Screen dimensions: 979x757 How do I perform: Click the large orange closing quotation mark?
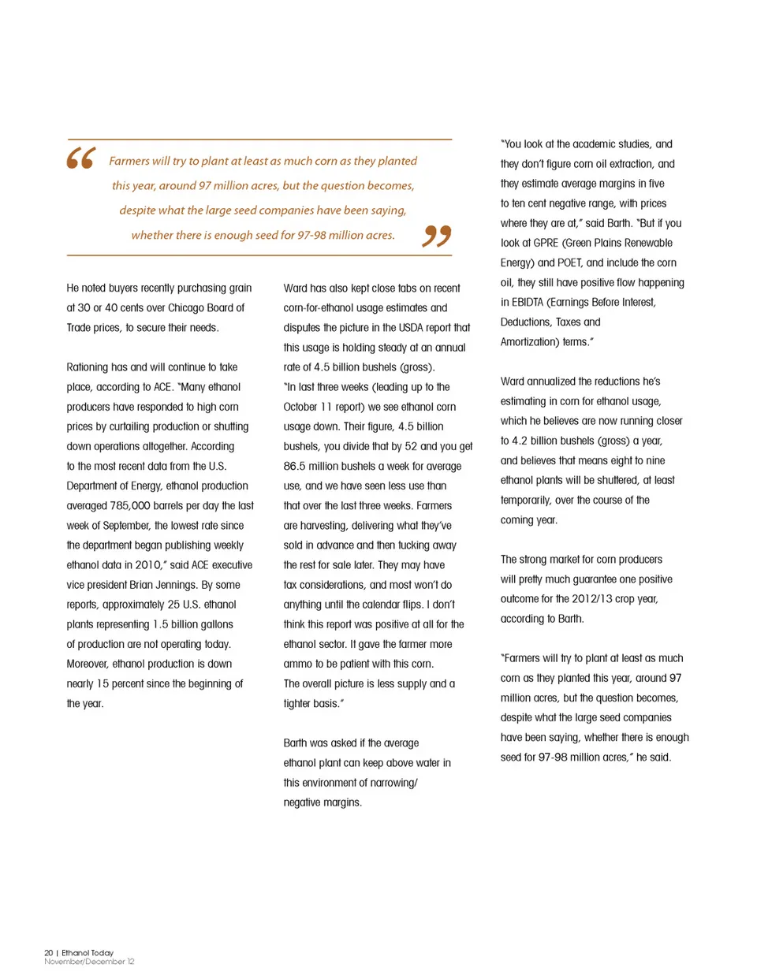[437, 236]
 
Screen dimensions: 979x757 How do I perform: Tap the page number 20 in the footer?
[48, 952]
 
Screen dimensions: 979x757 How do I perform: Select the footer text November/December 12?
[89, 962]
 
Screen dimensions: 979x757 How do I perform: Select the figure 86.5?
[296, 466]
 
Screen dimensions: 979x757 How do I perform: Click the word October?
[300, 407]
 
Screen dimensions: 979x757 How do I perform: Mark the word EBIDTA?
[528, 302]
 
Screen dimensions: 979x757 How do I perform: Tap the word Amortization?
[529, 341]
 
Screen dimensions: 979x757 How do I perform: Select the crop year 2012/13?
[592, 598]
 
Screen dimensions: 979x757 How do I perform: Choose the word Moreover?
[88, 664]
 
